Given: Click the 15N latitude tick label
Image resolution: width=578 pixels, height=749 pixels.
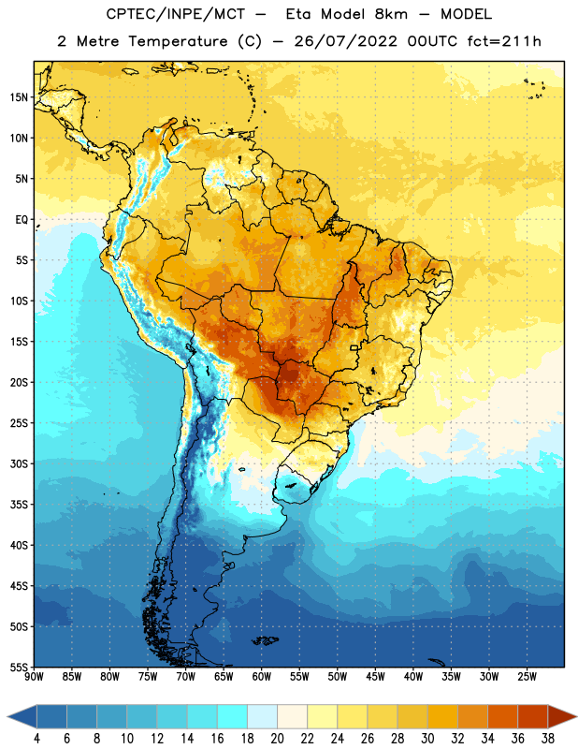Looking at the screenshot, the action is pyautogui.click(x=19, y=97).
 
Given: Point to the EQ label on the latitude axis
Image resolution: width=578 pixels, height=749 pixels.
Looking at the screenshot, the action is pyautogui.click(x=22, y=220).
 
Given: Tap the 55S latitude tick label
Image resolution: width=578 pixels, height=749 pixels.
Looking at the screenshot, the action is pyautogui.click(x=19, y=668).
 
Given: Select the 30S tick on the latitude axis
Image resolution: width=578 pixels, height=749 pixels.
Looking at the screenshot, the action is pyautogui.click(x=19, y=463).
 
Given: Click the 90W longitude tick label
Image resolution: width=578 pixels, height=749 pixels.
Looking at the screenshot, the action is pyautogui.click(x=34, y=677).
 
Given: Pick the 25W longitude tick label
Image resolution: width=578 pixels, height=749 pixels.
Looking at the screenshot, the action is pyautogui.click(x=527, y=677).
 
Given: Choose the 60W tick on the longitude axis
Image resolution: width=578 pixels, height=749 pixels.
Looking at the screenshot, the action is pyautogui.click(x=262, y=677).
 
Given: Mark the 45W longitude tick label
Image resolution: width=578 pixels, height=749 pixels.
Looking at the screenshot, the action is pyautogui.click(x=375, y=677).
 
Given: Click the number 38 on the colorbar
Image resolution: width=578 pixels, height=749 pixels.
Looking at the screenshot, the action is pyautogui.click(x=547, y=739).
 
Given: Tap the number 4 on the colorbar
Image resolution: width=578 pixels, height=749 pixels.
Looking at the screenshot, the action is pyautogui.click(x=36, y=739).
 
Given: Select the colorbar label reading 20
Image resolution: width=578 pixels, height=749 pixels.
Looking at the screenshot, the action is pyautogui.click(x=277, y=739).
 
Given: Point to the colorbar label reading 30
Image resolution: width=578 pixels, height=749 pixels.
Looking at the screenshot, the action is pyautogui.click(x=427, y=739).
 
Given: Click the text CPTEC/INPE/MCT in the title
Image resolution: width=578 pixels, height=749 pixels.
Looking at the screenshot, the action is pyautogui.click(x=176, y=14).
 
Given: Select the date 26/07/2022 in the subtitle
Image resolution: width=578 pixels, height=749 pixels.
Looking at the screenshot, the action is pyautogui.click(x=345, y=41).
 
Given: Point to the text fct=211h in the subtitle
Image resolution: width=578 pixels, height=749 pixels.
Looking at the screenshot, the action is pyautogui.click(x=504, y=41).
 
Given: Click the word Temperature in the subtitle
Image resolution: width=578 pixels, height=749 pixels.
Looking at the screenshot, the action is pyautogui.click(x=178, y=42).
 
